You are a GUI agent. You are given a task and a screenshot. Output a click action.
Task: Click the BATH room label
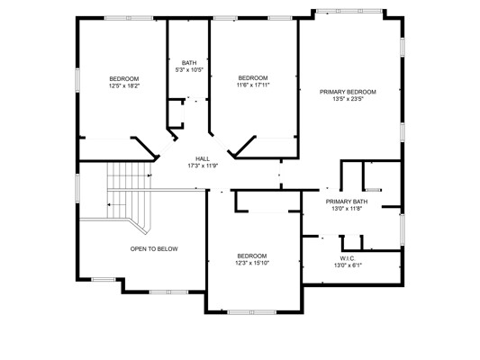[x=189, y=63]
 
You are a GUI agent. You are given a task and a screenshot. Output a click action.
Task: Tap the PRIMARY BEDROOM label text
[x=348, y=92]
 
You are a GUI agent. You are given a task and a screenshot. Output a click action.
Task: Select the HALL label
[x=203, y=158]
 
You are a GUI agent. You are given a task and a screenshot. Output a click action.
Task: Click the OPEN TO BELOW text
[x=154, y=249]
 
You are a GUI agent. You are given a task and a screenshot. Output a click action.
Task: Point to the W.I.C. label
[x=348, y=258]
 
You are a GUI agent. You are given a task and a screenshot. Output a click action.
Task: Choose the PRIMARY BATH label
[x=347, y=202]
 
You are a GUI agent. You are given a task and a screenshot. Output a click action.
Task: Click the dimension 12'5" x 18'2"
[x=124, y=85]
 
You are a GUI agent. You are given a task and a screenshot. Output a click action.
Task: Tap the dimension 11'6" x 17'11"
[x=253, y=85]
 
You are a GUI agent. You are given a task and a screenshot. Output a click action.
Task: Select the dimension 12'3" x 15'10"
[x=253, y=263]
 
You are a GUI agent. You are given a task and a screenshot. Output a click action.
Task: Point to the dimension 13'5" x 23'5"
[x=348, y=99]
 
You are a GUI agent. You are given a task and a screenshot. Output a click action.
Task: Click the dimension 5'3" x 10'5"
[x=189, y=70]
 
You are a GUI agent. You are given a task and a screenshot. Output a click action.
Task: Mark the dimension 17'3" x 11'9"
[x=203, y=166]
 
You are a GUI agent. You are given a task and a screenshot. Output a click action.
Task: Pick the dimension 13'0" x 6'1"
[x=348, y=265]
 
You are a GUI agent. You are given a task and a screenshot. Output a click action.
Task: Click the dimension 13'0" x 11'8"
[x=347, y=209]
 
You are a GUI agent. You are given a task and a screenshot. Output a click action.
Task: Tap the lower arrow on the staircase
[x=116, y=204]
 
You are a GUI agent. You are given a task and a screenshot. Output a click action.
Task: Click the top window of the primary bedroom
[x=349, y=11]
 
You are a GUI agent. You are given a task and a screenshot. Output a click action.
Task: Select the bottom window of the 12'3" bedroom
[x=251, y=312]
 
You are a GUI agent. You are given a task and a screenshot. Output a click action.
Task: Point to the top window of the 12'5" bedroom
[x=129, y=18]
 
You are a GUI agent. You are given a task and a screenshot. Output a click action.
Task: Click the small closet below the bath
[x=176, y=113]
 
